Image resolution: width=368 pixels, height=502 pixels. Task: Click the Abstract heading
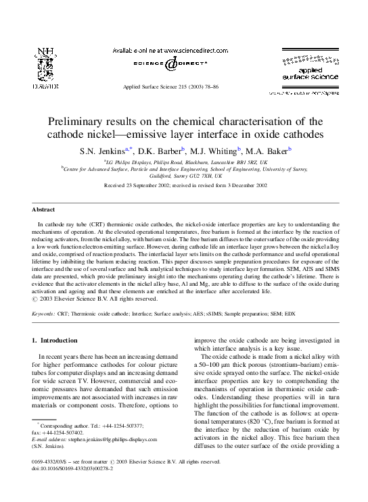[x=45, y=211]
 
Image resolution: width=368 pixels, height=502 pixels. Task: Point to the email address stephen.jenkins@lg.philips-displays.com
[x=120, y=437]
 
